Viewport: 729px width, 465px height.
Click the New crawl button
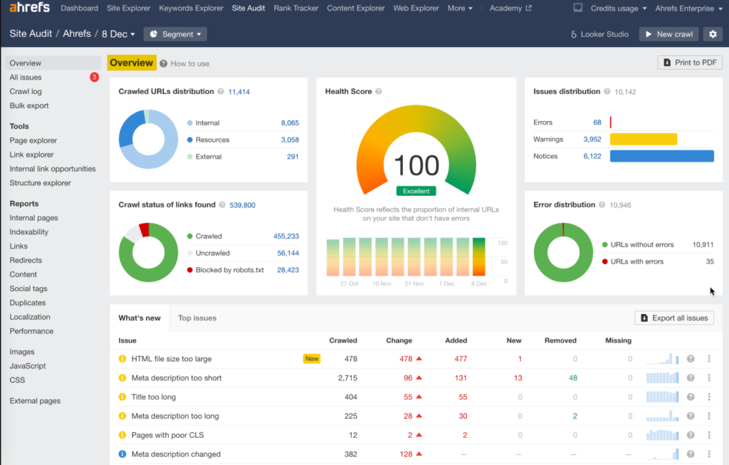click(668, 34)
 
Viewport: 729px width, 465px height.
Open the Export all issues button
click(673, 318)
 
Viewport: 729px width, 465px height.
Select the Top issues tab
click(197, 318)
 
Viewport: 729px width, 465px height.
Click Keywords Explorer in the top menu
click(192, 9)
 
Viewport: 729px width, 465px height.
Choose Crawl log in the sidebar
click(26, 92)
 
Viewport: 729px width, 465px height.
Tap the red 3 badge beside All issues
click(94, 78)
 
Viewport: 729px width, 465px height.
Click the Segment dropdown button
click(175, 34)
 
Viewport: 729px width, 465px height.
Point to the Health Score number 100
click(416, 166)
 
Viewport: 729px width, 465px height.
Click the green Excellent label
click(416, 191)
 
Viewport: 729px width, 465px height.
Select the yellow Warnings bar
click(643, 140)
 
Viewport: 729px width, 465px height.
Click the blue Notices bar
click(661, 156)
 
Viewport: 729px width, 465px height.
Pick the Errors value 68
click(597, 122)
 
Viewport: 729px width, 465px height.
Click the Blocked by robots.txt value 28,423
click(288, 270)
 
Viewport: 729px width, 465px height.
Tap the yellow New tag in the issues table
click(312, 359)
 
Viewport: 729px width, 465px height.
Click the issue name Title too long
click(153, 397)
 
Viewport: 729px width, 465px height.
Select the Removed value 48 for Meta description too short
click(573, 378)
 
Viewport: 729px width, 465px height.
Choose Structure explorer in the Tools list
click(40, 183)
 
